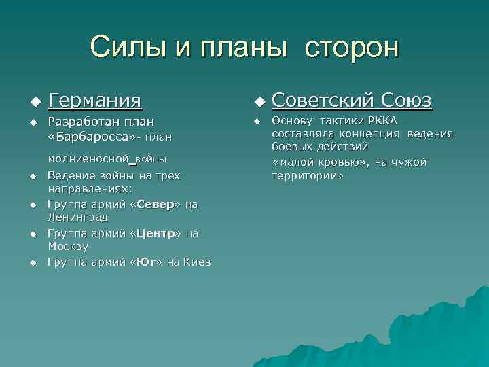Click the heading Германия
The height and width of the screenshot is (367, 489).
(x=95, y=101)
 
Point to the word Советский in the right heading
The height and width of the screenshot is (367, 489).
(x=322, y=101)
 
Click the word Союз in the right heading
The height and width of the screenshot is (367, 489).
(x=405, y=101)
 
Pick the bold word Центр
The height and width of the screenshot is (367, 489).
(x=155, y=233)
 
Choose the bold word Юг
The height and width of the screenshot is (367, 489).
(x=145, y=262)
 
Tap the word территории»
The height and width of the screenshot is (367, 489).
(x=308, y=175)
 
